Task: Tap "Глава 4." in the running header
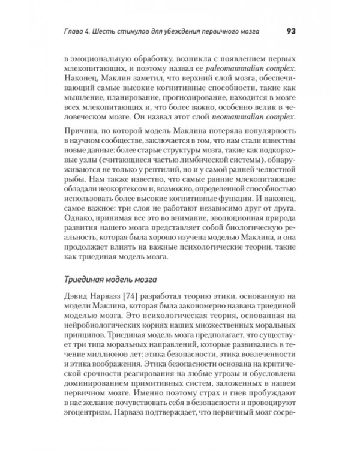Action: (81, 32)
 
